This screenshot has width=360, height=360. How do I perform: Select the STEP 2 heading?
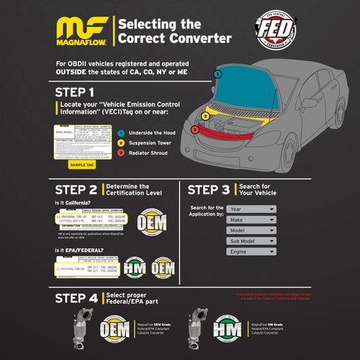point(76,190)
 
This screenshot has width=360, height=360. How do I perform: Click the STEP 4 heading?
point(76,298)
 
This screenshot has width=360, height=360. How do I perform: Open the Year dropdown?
point(251,209)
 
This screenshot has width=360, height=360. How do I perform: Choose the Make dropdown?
point(251,220)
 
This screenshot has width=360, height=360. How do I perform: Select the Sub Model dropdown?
point(251,241)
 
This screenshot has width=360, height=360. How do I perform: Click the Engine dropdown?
point(251,253)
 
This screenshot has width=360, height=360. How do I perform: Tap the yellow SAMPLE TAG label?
point(82,164)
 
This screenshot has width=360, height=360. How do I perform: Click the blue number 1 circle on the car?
point(217,73)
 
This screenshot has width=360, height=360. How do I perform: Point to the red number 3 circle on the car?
point(194,130)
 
